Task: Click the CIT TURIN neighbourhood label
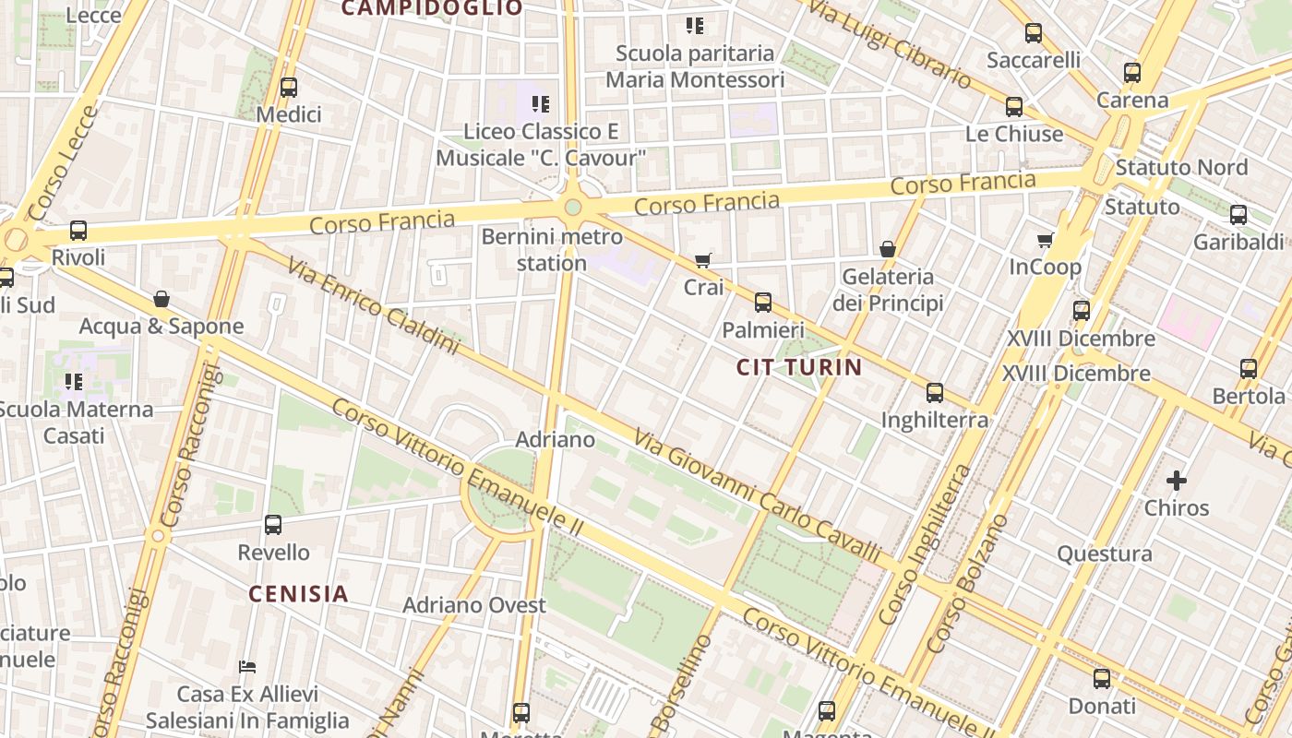(x=799, y=367)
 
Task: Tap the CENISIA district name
(x=298, y=593)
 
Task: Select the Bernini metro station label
(x=552, y=250)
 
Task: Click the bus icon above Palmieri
(x=763, y=302)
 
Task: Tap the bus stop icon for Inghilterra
(x=935, y=393)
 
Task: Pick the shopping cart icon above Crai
(x=703, y=260)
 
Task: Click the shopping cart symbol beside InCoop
(x=1045, y=241)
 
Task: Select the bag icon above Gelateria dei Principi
(x=888, y=249)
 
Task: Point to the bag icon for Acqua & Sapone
(x=161, y=299)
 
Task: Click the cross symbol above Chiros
(x=1177, y=481)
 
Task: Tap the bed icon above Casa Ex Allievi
(x=246, y=666)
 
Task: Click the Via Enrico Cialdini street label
(x=373, y=306)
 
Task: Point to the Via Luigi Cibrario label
(x=893, y=43)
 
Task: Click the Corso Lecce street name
(x=63, y=164)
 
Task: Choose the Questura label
(x=1105, y=553)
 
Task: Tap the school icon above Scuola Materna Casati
(x=74, y=381)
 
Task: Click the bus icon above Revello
(x=273, y=525)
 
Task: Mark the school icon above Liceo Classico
(x=541, y=104)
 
